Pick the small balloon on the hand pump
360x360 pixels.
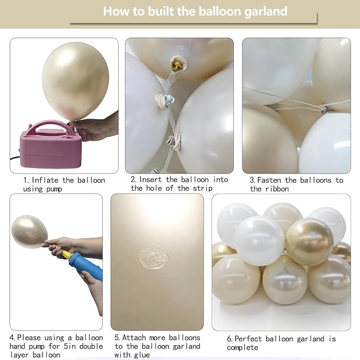[29, 231]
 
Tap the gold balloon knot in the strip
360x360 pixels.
[174, 66]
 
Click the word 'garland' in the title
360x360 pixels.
[261, 11]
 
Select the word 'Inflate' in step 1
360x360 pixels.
[48, 180]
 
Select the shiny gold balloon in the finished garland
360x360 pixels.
[310, 241]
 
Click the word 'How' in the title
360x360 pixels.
[115, 11]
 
